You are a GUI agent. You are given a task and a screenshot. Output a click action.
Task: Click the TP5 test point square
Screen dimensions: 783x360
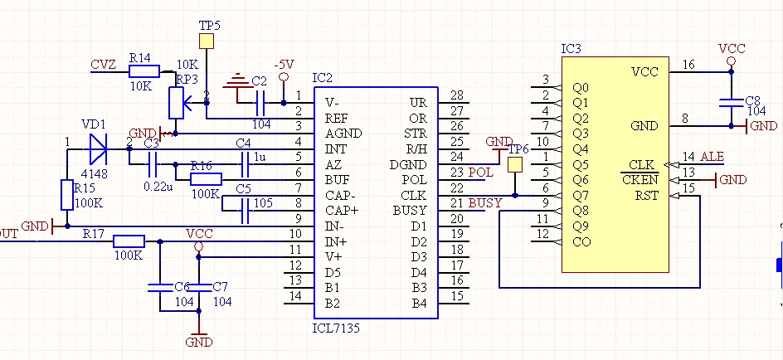pos(207,41)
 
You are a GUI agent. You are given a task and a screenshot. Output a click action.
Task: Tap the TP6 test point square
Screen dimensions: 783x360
pos(515,165)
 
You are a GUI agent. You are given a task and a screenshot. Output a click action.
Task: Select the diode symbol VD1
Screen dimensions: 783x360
pos(98,149)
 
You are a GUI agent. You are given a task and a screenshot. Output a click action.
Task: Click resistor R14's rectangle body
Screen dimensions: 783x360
pos(144,71)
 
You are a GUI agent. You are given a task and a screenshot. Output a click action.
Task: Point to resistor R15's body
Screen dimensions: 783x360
pos(67,195)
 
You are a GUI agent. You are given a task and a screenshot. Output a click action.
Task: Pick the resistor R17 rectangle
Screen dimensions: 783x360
pos(129,241)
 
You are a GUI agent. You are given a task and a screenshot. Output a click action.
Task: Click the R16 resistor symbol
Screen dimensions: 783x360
pos(207,180)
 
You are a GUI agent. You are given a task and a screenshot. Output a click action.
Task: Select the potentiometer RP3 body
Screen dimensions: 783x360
pos(177,103)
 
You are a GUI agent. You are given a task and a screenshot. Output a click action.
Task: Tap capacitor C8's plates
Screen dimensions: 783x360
pos(731,103)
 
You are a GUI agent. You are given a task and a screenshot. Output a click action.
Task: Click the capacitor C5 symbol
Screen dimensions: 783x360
pos(244,211)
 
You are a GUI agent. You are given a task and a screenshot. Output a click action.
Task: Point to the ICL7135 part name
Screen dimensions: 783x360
pos(336,328)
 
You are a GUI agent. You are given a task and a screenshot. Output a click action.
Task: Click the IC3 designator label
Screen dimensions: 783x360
pos(571,49)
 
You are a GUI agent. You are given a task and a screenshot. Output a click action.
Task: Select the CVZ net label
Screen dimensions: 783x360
pos(104,65)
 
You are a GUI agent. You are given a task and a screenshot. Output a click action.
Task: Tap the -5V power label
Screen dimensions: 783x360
pos(284,65)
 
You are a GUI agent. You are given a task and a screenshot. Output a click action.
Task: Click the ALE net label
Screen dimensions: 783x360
pos(712,157)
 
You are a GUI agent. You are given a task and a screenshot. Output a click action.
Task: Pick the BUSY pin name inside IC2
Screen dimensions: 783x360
pos(410,211)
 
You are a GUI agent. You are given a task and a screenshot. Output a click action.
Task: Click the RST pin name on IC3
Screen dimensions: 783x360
pos(647,195)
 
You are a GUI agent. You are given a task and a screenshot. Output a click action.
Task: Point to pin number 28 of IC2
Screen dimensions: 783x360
pos(456,95)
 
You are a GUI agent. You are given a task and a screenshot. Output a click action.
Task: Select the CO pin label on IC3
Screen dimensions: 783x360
pos(581,241)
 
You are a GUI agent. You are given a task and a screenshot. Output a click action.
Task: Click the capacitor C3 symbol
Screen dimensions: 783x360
pos(153,165)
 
